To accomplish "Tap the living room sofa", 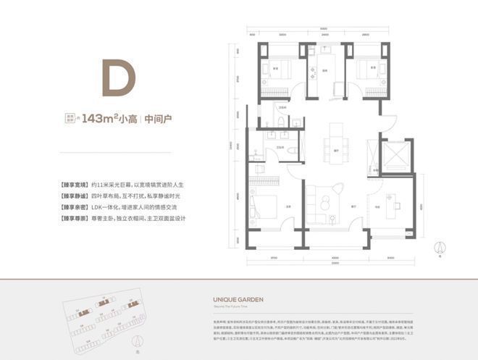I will (319, 198).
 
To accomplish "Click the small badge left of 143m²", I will (72, 117).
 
